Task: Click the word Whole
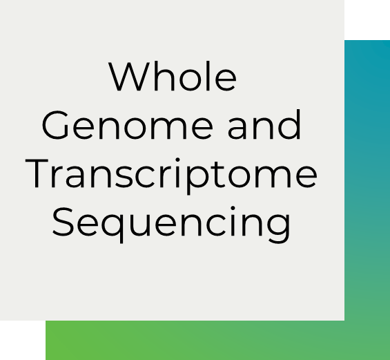(x=173, y=76)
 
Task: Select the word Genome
(x=127, y=125)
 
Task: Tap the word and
(x=264, y=124)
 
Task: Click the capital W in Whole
(x=129, y=76)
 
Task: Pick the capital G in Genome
(x=55, y=125)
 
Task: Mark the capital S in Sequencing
(x=63, y=222)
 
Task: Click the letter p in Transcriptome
(x=197, y=179)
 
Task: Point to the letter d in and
(x=289, y=124)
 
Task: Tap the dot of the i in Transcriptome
(x=177, y=160)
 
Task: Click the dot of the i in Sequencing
(x=233, y=209)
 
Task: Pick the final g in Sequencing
(x=279, y=228)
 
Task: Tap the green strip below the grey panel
(x=195, y=340)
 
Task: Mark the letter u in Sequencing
(x=140, y=225)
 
